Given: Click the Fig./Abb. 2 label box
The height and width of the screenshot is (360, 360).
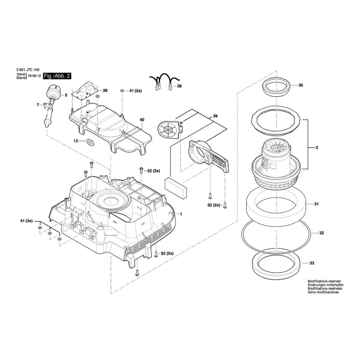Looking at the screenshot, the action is (57, 76).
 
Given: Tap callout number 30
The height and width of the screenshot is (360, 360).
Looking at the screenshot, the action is (301, 85).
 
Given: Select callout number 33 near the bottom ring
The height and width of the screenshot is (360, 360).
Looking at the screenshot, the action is (311, 263).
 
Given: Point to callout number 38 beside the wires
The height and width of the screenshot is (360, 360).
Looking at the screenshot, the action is (179, 86).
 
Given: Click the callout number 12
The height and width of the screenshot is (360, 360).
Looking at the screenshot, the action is (76, 141).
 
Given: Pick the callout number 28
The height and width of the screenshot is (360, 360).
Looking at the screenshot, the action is (105, 90).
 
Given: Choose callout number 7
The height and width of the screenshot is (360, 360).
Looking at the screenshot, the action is (38, 105).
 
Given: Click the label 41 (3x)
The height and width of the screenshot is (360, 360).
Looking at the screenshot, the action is (27, 221).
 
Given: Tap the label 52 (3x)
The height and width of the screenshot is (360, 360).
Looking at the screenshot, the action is (153, 171).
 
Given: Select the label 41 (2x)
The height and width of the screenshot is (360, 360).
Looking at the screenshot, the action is (135, 91).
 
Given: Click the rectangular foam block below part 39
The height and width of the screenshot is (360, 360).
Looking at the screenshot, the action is (176, 188).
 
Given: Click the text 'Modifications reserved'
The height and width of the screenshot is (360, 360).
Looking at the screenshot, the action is (324, 281).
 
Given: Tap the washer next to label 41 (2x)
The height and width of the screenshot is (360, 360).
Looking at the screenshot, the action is (122, 91).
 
